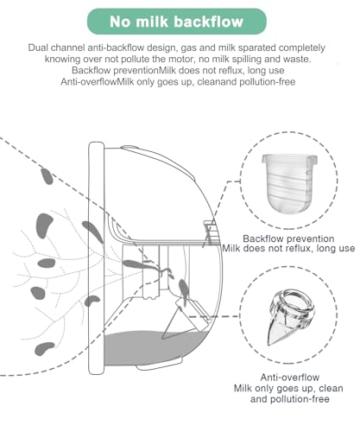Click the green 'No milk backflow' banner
177,22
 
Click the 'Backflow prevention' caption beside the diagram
288,238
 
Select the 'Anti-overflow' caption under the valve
290,378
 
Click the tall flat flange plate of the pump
96,258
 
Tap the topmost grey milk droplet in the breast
47,176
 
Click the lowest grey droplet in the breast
44,348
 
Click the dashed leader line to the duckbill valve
213,316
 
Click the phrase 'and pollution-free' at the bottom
290,399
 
